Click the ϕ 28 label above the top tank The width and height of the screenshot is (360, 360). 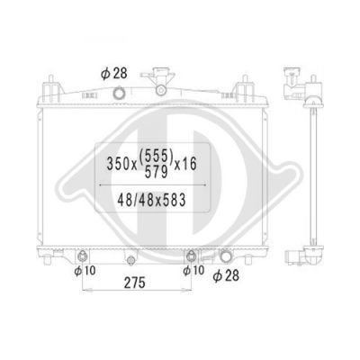(x=114, y=74)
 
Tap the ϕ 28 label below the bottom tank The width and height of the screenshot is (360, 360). (x=226, y=275)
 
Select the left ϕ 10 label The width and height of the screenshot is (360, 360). (x=85, y=271)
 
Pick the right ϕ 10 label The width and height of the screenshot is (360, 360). (x=193, y=270)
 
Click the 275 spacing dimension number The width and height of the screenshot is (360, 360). (x=135, y=283)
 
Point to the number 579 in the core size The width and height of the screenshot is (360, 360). (x=156, y=172)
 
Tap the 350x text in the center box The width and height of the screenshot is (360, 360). (x=121, y=164)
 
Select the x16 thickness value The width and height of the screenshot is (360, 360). (x=185, y=164)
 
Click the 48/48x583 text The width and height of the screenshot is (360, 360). (x=151, y=200)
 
